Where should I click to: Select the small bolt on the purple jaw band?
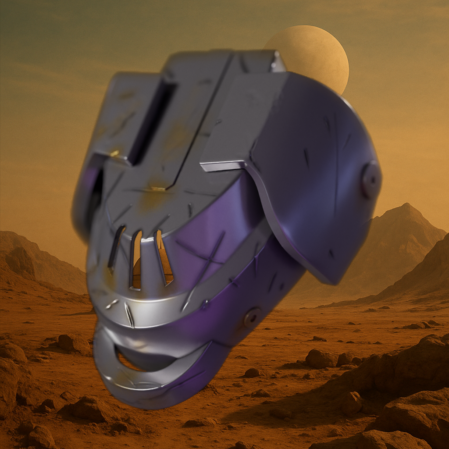coord(253,317)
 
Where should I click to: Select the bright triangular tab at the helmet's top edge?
coord(278,61)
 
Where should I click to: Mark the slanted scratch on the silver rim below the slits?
coord(129,315)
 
